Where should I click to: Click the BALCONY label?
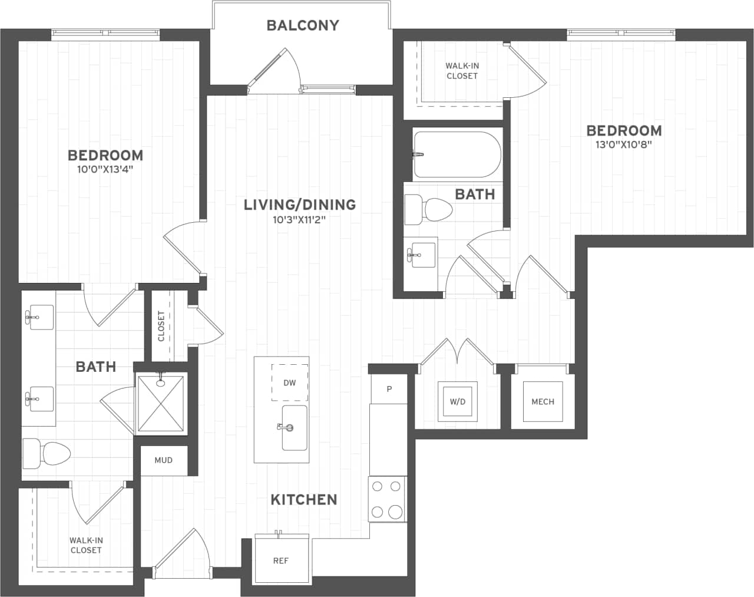click(303, 25)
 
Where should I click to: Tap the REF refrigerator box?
click(281, 560)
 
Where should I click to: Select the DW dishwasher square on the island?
click(289, 382)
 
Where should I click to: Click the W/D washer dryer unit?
click(458, 401)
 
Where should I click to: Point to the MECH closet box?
click(543, 401)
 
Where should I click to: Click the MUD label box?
click(164, 460)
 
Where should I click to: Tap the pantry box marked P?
click(389, 389)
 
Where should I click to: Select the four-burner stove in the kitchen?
click(387, 499)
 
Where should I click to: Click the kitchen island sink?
click(294, 428)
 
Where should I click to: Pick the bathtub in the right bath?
click(457, 154)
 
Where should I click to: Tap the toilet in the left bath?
click(47, 453)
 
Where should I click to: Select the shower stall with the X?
click(161, 403)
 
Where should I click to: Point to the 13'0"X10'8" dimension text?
click(624, 144)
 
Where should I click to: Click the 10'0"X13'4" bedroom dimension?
click(105, 169)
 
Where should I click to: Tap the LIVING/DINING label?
click(300, 205)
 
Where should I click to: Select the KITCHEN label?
click(304, 499)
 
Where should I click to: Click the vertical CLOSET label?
click(161, 326)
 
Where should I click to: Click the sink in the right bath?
click(419, 253)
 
